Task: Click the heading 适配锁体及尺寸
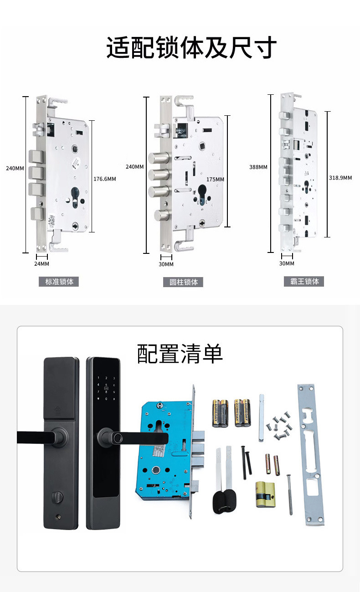[x=191, y=48]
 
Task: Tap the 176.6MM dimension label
[x=104, y=179]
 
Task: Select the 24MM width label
[x=41, y=264]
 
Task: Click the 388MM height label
[x=258, y=167]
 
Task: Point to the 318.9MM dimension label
[x=340, y=178]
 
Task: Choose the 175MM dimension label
[x=215, y=180]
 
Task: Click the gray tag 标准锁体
[x=59, y=282]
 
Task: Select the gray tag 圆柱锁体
[x=183, y=282]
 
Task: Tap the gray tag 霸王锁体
[x=304, y=281]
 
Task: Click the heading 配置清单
[x=180, y=354]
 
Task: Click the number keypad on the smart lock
[x=106, y=389]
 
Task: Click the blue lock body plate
[x=164, y=449]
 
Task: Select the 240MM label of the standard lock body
[x=15, y=168]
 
